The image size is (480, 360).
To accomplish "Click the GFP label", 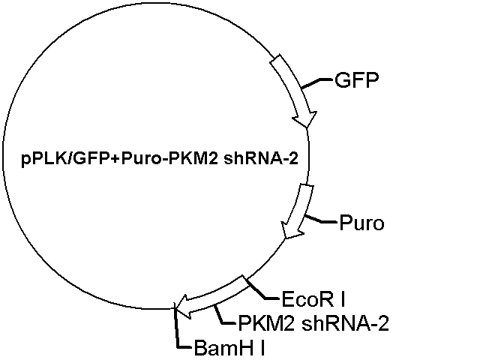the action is pos(357,80).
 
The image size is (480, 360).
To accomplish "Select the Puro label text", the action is pos(361,223).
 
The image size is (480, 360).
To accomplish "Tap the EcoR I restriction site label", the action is pos(313,299).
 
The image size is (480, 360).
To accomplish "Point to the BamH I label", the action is pos(229,348).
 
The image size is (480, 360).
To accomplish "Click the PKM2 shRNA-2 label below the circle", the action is pos(313,323).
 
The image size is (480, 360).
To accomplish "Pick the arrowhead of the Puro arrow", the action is pos(292,230).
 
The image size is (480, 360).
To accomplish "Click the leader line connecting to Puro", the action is pos(320,220).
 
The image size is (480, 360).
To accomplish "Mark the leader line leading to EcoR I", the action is pos(262,289).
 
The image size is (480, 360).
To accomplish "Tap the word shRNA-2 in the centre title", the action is pos(261,158).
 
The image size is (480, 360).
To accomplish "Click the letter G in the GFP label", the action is pos(342,80).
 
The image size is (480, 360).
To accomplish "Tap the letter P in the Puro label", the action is pos(345,223).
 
